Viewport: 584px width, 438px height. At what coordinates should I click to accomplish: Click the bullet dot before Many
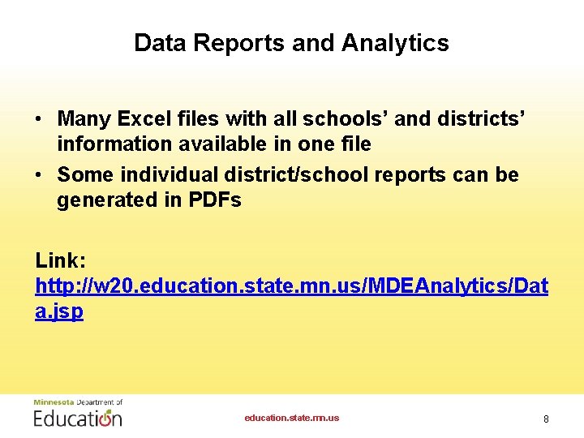click(x=39, y=120)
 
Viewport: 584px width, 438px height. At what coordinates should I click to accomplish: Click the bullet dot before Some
click(x=39, y=175)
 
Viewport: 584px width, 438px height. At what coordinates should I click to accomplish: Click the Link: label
click(x=59, y=260)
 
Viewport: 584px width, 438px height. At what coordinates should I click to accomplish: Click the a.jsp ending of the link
click(x=59, y=311)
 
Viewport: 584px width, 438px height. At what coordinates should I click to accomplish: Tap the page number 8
click(x=546, y=419)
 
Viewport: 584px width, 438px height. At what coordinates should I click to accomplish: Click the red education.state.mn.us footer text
click(x=292, y=419)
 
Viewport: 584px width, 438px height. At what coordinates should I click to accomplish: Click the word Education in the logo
click(x=77, y=418)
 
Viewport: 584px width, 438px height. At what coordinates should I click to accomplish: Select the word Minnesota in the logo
click(x=52, y=402)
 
